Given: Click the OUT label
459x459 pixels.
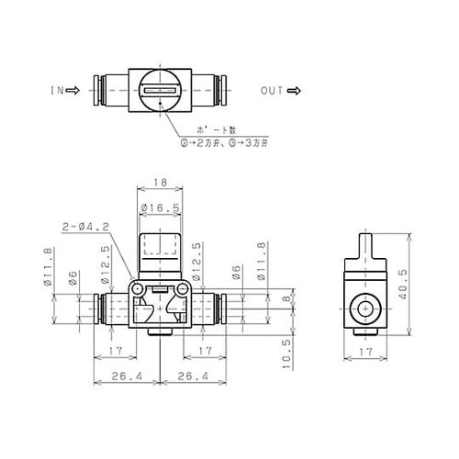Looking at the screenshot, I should (271, 92).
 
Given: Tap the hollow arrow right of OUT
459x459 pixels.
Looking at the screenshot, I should (295, 92).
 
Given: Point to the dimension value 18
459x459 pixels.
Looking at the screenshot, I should (161, 184).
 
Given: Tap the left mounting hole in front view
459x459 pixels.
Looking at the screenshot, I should (138, 289).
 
